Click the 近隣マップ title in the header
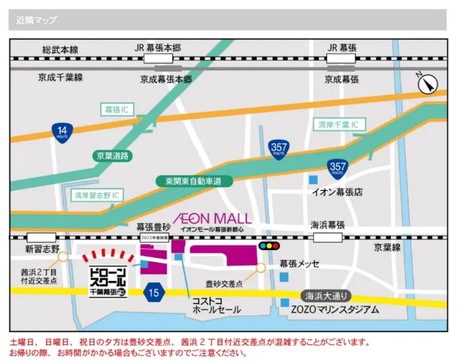coord(37,19)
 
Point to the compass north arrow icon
coord(427,84)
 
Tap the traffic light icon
coord(271,246)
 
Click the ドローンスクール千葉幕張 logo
coord(107,282)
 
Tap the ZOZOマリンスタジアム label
coord(335,310)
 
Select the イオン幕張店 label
coord(336,193)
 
